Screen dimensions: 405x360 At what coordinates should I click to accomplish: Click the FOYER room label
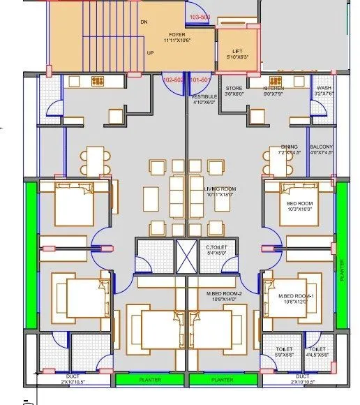[177, 34]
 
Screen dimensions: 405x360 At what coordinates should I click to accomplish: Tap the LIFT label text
[237, 52]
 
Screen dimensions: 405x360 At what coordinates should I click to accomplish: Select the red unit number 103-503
[200, 15]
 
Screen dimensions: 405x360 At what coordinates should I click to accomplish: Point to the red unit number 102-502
[173, 80]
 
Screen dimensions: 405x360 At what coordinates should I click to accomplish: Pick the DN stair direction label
[144, 22]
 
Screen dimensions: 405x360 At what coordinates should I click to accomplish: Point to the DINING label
[289, 147]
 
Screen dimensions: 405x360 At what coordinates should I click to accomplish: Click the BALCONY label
[322, 147]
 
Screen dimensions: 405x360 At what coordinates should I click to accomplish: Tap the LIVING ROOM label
[220, 189]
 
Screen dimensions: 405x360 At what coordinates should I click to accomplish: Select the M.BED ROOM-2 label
[223, 294]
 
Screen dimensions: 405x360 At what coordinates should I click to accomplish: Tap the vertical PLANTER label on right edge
[342, 270]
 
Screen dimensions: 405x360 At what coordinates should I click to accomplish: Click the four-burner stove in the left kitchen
[98, 80]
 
